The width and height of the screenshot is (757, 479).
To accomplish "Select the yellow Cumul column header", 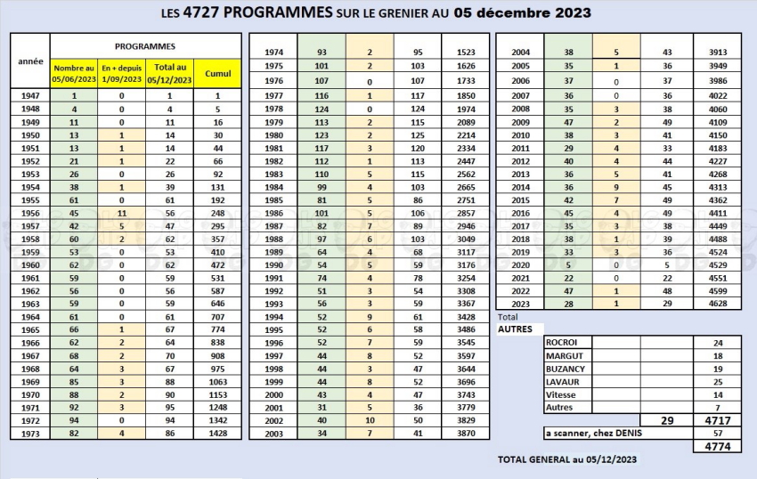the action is [x=217, y=73].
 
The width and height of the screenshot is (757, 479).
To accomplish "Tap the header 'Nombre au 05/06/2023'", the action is [x=74, y=73].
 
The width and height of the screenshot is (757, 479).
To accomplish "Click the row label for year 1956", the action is [x=30, y=213].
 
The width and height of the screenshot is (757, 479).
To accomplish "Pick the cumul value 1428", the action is [x=217, y=433].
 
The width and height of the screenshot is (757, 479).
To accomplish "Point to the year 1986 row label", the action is [x=273, y=213].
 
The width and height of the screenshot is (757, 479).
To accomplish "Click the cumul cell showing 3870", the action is [x=466, y=433].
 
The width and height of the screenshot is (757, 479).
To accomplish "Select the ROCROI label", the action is [x=561, y=343].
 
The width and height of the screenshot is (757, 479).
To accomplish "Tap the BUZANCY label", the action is [x=566, y=369].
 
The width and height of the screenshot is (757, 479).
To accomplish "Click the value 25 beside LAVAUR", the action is [x=718, y=382].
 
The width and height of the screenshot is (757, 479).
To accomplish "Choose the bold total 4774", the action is [x=718, y=446].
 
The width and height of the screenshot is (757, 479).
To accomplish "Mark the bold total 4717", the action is [x=718, y=420].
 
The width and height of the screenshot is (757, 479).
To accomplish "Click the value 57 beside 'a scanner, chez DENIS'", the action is [x=718, y=433].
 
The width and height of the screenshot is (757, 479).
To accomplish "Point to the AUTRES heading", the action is [x=515, y=329].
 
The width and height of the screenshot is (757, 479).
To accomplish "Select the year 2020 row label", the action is [x=520, y=265].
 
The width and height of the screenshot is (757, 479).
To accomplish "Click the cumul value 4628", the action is [x=718, y=304].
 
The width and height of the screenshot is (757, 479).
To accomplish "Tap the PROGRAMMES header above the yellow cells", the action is [x=145, y=46].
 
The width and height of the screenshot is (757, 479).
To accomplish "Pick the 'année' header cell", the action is [x=30, y=61].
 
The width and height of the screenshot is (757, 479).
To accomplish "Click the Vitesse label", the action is [x=560, y=394].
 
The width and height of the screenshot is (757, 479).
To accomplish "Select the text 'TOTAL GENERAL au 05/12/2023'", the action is [x=567, y=459].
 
